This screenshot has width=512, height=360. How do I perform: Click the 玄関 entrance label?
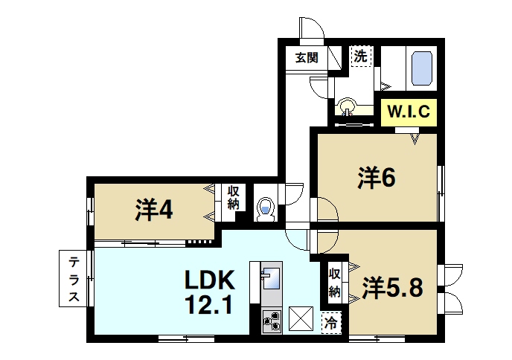306,58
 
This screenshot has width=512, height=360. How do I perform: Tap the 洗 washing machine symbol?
360,56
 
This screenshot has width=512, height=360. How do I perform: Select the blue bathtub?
422,68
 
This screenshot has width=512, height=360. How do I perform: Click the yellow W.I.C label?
407,114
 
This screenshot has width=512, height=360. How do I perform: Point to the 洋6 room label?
376,178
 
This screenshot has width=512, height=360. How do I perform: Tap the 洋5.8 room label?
393,287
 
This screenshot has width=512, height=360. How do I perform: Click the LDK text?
210,280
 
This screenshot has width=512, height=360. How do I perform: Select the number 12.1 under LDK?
210,305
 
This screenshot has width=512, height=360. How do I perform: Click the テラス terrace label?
75,279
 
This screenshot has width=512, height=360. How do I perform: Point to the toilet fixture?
265,208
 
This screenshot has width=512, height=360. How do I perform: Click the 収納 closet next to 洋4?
233,199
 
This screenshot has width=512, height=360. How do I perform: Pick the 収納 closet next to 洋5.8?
335,280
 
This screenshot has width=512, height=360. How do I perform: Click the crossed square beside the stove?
301,319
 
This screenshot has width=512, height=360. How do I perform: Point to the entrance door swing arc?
312,28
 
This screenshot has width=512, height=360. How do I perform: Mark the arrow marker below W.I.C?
414,138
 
